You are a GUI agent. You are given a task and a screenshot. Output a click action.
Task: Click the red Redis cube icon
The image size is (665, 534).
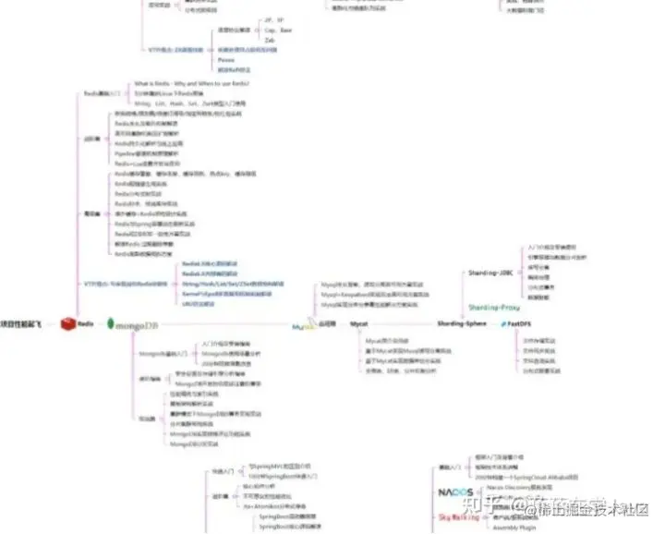tap(67, 322)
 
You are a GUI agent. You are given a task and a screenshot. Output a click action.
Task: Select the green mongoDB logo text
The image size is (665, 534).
tap(134, 324)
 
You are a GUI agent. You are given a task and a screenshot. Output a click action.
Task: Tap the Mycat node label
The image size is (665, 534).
tap(359, 324)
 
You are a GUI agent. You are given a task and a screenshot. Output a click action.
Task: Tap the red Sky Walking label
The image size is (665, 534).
tap(459, 517)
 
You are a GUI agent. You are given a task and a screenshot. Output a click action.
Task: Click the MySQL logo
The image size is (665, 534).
tap(301, 327)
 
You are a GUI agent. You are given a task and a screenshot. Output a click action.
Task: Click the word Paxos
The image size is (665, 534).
tap(226, 59)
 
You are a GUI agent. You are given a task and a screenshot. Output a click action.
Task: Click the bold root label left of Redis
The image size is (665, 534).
tap(23, 322)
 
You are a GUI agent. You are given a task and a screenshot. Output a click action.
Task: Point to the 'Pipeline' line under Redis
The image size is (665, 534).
tap(148, 152)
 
